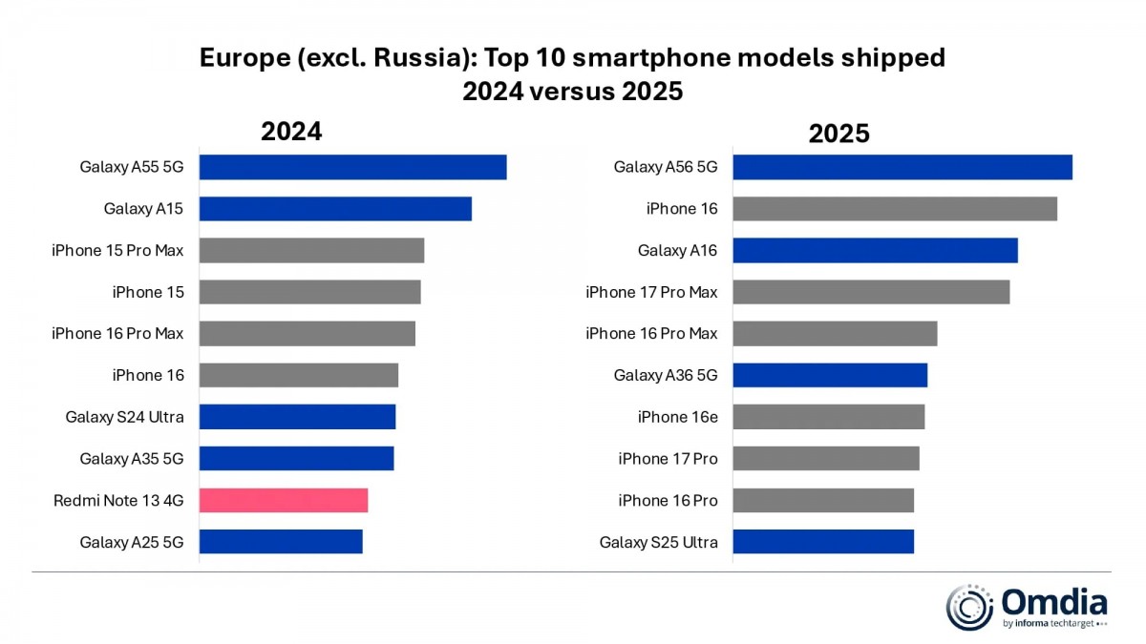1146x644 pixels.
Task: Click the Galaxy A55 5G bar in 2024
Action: pyautogui.click(x=352, y=167)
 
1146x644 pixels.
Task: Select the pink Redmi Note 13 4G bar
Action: pyautogui.click(x=283, y=500)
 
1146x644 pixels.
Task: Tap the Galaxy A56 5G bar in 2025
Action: pyautogui.click(x=902, y=167)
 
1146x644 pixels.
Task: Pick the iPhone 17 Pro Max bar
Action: pyautogui.click(x=870, y=292)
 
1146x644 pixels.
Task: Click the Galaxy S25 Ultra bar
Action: pyautogui.click(x=822, y=542)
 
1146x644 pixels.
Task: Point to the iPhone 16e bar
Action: pyautogui.click(x=828, y=417)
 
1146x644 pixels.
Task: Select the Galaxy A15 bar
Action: pyautogui.click(x=335, y=209)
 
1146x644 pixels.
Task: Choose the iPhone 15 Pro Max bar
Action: pyautogui.click(x=311, y=250)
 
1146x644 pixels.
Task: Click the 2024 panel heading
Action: pyautogui.click(x=291, y=132)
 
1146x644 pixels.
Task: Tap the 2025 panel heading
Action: pyautogui.click(x=838, y=134)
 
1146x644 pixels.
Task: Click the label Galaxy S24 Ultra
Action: pyautogui.click(x=124, y=417)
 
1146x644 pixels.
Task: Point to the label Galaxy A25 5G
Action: pyautogui.click(x=131, y=542)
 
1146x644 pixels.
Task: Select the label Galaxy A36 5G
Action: pyautogui.click(x=665, y=375)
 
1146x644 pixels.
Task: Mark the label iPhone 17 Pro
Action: pyautogui.click(x=668, y=459)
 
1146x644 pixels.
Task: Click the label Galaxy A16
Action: pyautogui.click(x=677, y=250)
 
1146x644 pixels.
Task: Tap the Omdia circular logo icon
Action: pyautogui.click(x=970, y=608)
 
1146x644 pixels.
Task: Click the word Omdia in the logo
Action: pyautogui.click(x=1054, y=602)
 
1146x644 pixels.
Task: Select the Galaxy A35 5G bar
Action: pyautogui.click(x=296, y=459)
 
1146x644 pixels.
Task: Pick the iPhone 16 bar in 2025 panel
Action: pyautogui.click(x=894, y=209)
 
